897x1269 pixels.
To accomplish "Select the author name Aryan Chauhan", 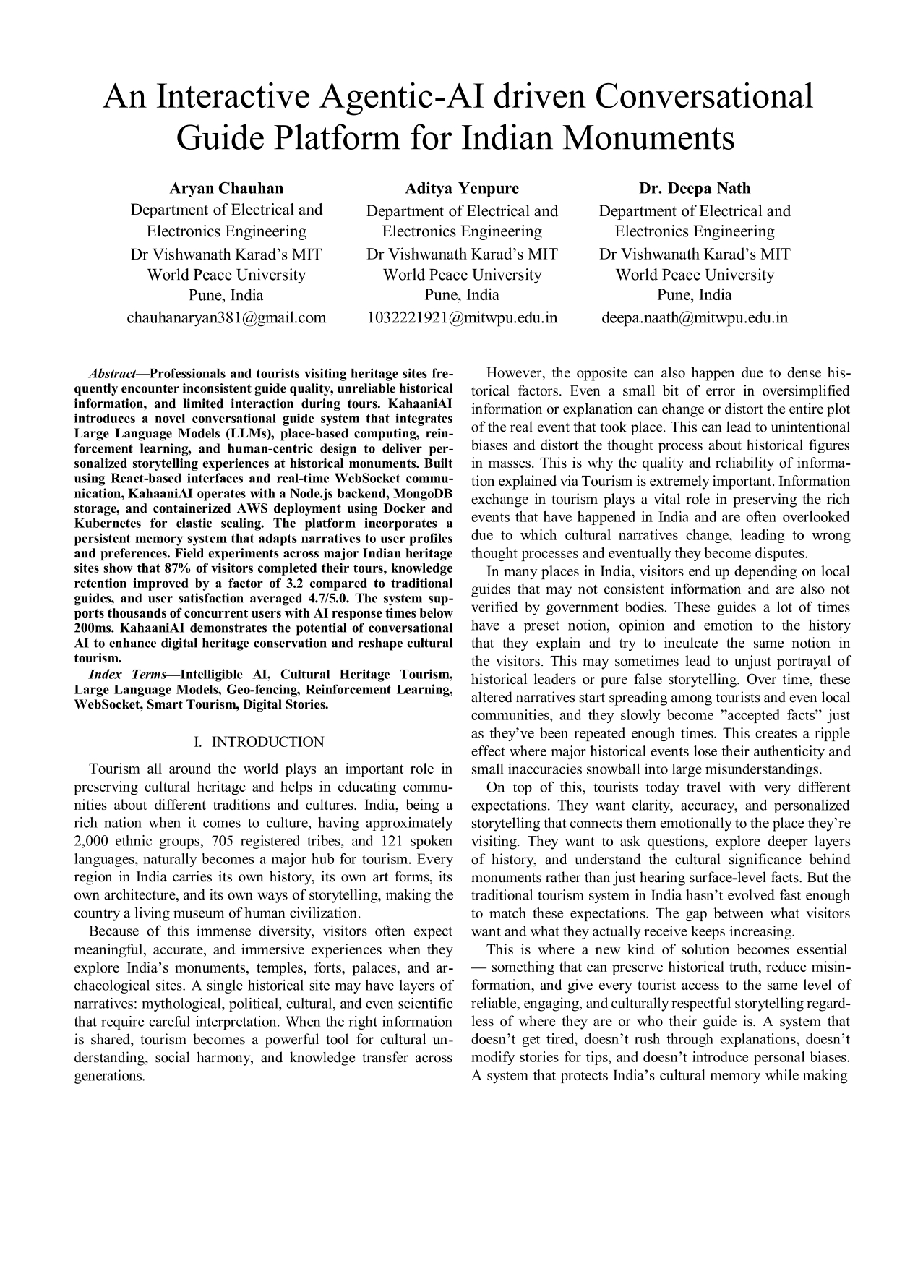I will (226, 189).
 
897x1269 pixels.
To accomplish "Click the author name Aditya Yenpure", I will (462, 189).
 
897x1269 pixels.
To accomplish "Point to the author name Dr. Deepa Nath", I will (695, 189).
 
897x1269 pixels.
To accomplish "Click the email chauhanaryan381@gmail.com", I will (226, 317).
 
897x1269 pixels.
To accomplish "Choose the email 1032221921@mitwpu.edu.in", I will (462, 317).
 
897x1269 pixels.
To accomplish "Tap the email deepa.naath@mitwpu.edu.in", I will (695, 317).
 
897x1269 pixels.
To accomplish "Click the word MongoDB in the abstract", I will (423, 499).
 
